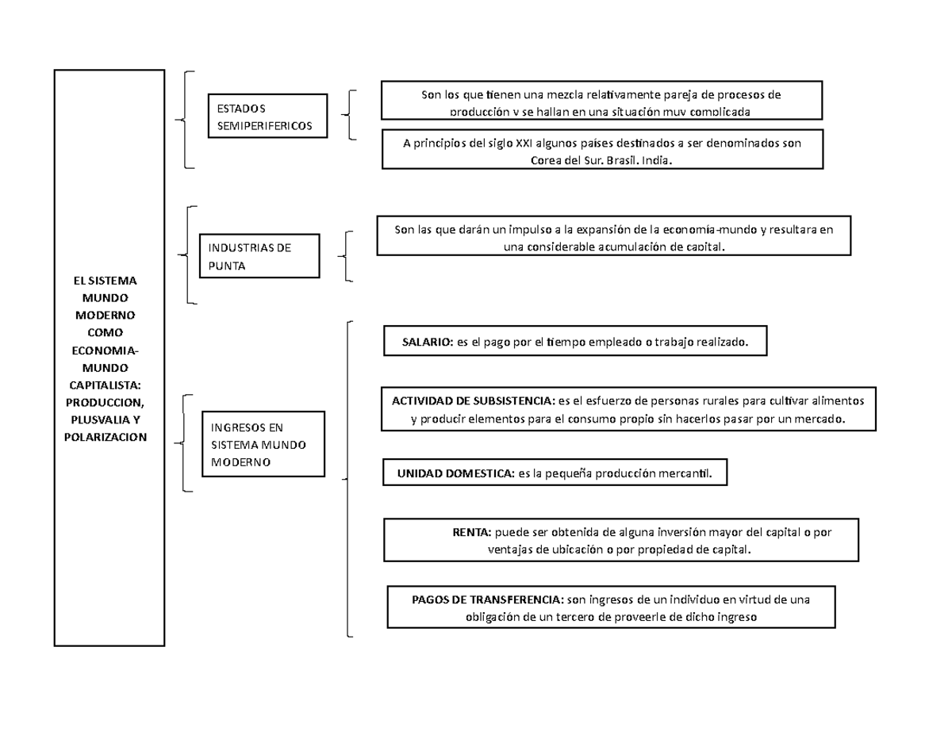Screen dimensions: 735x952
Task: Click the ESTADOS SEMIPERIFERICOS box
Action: click(267, 117)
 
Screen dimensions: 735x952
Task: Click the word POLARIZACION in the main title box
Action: click(108, 437)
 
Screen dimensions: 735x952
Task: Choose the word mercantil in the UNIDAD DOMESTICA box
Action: click(688, 473)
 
